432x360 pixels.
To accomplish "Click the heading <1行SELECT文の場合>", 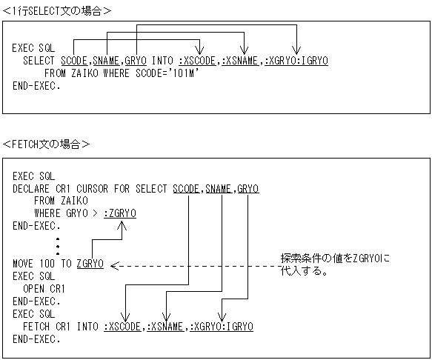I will (57, 10).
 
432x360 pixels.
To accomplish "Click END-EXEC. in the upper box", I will (37, 85).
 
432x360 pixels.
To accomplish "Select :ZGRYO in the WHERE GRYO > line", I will (119, 213).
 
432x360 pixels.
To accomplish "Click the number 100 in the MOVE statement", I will (48, 263).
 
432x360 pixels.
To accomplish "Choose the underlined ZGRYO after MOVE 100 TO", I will (90, 263).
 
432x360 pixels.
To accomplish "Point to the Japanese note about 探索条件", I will (334, 264).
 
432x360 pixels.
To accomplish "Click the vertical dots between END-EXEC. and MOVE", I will (58, 245).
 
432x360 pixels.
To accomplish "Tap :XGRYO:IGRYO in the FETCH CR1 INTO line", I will (222, 326).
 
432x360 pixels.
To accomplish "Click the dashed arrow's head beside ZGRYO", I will (113, 264).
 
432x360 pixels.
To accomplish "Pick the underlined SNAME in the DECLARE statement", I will (219, 189).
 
